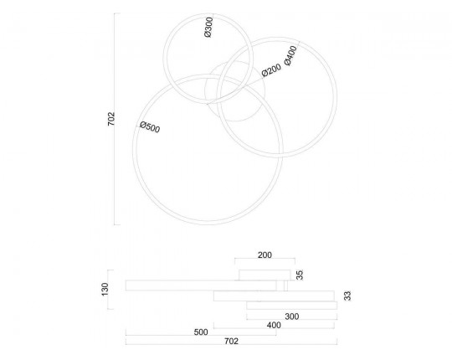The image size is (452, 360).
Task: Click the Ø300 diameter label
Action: [x=208, y=28]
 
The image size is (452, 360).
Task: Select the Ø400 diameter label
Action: [x=290, y=56]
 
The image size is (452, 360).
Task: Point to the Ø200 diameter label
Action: [x=271, y=70]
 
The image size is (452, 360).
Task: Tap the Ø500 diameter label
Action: [x=150, y=127]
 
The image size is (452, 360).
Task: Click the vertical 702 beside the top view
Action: [x=111, y=119]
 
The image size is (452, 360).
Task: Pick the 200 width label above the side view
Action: [x=265, y=255]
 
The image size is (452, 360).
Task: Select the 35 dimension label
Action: [x=300, y=275]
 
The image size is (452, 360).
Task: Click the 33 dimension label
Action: [x=348, y=296]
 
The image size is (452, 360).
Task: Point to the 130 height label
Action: [x=105, y=289]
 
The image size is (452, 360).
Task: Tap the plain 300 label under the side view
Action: [x=292, y=316]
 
